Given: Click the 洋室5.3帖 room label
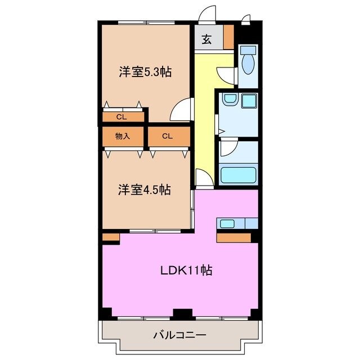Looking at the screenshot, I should pos(145,71).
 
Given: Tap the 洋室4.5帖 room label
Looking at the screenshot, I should pos(144,190).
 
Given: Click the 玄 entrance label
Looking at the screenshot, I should pos(207,39).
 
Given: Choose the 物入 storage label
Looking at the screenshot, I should pos(123,136).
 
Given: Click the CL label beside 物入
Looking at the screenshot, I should pos(167,136).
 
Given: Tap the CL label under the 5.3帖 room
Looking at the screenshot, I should pos(121,117).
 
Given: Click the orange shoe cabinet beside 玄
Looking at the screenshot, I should pos(228,38).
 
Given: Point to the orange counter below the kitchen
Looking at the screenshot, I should pos(233,237).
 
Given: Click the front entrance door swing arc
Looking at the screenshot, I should pos(209,13).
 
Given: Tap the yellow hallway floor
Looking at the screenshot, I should pos(204,112).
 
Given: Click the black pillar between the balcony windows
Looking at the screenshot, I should pos(180,313).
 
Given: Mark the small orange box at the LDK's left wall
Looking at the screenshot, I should pos(111,238).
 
